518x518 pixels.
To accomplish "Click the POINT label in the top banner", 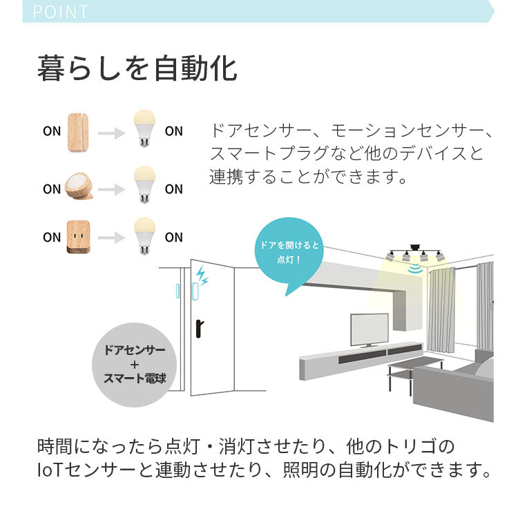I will coord(61,12).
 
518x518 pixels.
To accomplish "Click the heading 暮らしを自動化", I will coord(137,70).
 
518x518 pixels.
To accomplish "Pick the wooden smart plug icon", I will coord(79,237).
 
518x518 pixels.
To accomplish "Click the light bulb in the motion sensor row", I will coord(144,184).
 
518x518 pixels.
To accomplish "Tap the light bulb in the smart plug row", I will coord(144,236).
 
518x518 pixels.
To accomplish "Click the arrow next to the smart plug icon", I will coord(111,238).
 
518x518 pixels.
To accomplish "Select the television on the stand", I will coord(369,329).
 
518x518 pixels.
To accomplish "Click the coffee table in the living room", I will coord(414,370).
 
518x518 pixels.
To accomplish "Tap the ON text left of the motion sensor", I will coord(52,189).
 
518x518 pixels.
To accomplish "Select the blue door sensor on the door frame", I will coord(179,290).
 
